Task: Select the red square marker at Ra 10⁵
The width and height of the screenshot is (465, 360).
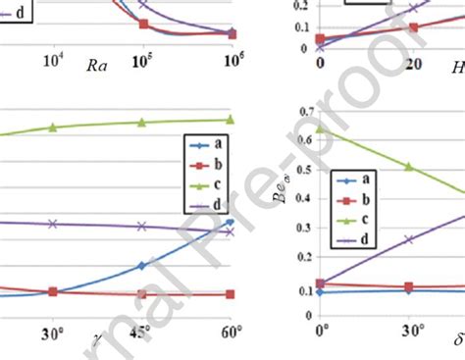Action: pyautogui.click(x=144, y=24)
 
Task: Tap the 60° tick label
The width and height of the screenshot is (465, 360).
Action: pyautogui.click(x=230, y=332)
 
